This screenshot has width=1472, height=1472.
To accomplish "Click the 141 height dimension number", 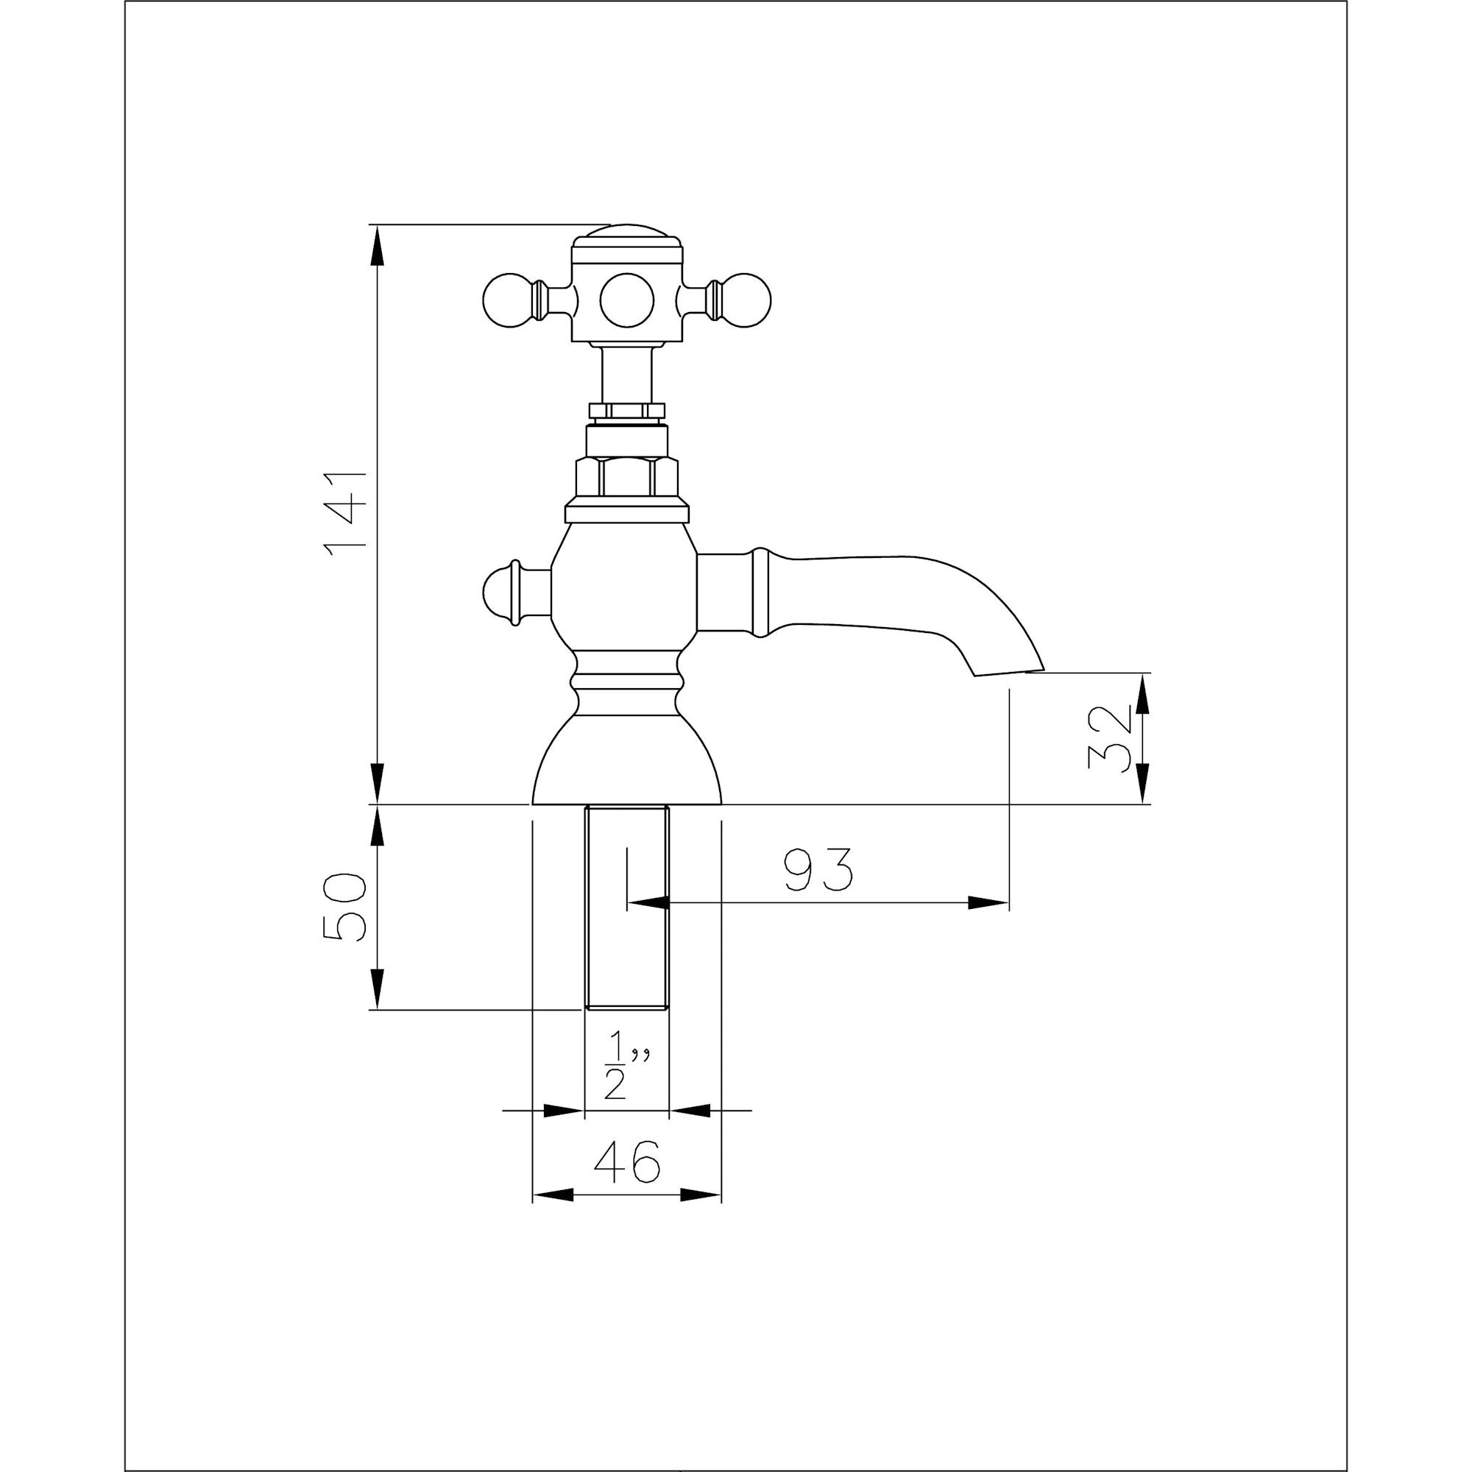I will pyautogui.click(x=344, y=514).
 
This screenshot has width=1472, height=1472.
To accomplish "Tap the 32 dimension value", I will pyautogui.click(x=1110, y=738).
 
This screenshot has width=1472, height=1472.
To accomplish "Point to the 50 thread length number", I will pyautogui.click(x=344, y=907).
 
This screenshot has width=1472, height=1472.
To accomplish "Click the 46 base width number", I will pyautogui.click(x=626, y=1162).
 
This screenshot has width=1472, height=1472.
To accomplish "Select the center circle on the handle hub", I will pyautogui.click(x=626, y=300).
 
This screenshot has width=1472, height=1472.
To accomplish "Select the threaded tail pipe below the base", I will pyautogui.click(x=626, y=907).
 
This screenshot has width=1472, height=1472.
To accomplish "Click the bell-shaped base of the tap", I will pyautogui.click(x=626, y=761).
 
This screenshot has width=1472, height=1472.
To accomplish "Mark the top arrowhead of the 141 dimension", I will pyautogui.click(x=376, y=245).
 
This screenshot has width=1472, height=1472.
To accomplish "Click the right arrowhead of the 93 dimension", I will pyautogui.click(x=988, y=903).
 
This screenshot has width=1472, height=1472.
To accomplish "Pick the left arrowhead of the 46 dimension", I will pyautogui.click(x=553, y=1195).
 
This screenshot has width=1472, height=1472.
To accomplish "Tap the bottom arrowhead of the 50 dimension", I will pyautogui.click(x=376, y=989).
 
